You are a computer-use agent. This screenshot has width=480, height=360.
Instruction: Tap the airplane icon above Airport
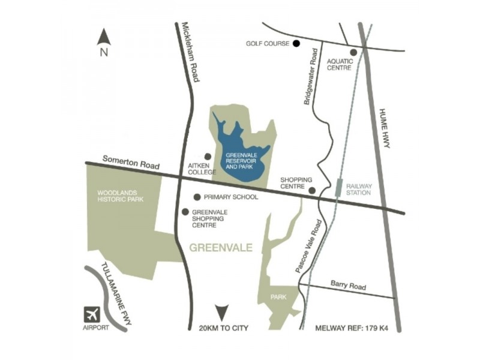click(92, 314)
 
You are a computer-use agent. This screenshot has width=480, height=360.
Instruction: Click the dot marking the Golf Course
click(296, 43)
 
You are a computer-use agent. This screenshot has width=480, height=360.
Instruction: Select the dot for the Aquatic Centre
click(353, 52)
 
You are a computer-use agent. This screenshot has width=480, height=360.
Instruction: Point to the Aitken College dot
click(208, 156)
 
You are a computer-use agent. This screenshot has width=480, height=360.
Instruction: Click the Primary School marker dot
click(197, 197)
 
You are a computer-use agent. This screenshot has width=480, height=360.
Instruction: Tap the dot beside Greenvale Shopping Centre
click(185, 212)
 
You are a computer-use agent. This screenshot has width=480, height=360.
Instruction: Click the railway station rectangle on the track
click(339, 187)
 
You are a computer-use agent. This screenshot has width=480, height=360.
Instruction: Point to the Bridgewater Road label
click(311, 76)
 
